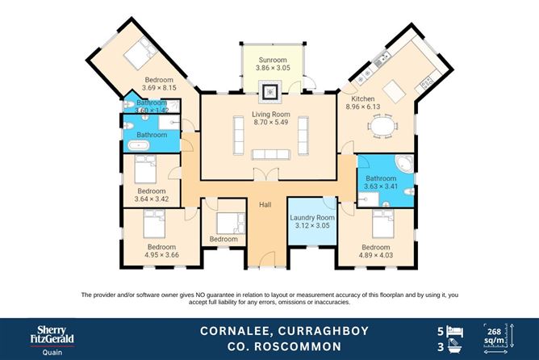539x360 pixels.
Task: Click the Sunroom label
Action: click(273, 60)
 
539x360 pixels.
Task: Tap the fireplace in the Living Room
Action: click(270, 92)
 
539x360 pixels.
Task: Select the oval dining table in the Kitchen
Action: click(382, 126)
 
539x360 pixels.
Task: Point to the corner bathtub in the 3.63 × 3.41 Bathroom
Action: click(403, 164)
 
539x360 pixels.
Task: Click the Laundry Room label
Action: click(312, 218)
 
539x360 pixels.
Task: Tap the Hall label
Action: click(265, 204)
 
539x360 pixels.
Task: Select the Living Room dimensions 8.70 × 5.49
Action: click(271, 122)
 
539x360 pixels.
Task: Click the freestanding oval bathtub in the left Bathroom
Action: click(139, 145)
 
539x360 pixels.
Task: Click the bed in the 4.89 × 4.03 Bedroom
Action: click(382, 224)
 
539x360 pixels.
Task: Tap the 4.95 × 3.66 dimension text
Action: click(162, 255)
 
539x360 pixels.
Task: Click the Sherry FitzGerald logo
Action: click(52, 340)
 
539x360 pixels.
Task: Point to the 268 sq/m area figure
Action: click(494, 336)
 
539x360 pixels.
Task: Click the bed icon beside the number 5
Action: click(455, 332)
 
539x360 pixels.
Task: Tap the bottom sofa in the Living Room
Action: click(271, 154)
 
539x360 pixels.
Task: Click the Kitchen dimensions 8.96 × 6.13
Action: click(363, 107)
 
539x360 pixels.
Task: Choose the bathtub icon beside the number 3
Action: click(455, 346)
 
